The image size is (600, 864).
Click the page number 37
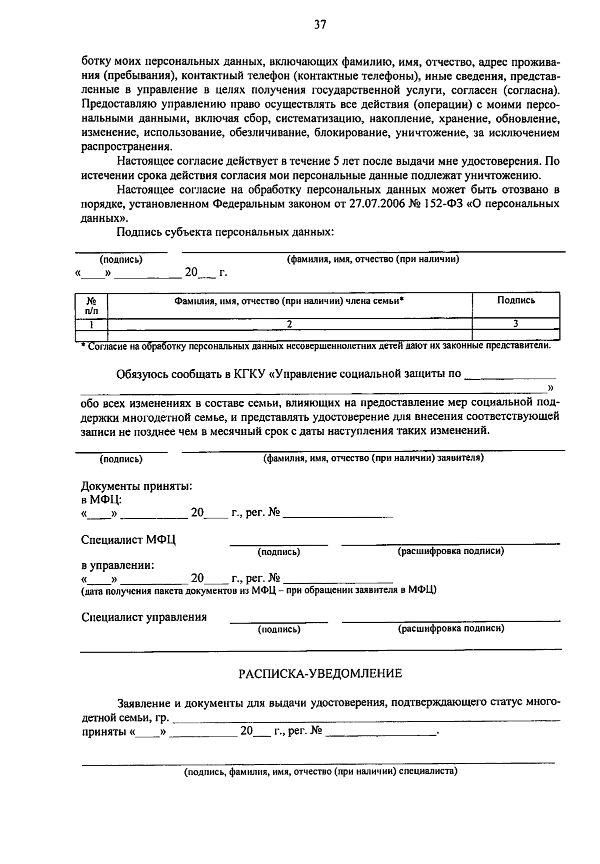[x=320, y=24]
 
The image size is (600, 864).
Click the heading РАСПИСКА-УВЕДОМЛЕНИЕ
[x=320, y=674]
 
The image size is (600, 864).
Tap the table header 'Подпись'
[x=515, y=300]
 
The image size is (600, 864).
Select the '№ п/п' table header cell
[x=91, y=305]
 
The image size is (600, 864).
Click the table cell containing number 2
[x=289, y=324]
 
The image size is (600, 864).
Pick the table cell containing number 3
[x=515, y=324]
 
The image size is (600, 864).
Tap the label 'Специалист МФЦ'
[x=128, y=540]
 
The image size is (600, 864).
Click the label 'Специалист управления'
[x=144, y=617]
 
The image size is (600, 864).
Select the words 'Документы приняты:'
[x=136, y=486]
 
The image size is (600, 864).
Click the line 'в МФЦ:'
[x=101, y=499]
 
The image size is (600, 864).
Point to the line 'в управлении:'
[x=117, y=566]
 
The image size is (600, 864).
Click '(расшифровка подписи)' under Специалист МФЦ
[x=450, y=551]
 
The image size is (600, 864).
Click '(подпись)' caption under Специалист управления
[x=279, y=630]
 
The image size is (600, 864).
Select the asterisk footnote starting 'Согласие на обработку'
[x=316, y=346]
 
